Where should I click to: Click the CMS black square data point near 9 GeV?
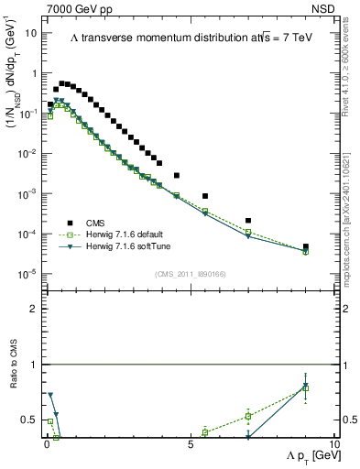point(306,246)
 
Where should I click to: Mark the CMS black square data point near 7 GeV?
point(248,221)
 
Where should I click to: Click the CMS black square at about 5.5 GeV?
point(205,196)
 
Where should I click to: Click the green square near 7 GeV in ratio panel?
point(248,416)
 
